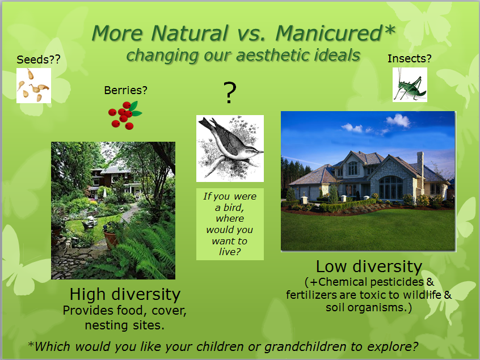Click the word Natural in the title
coord(190,33)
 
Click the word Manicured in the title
coord(329,33)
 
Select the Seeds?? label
coord(39,60)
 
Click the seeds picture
coord(33,86)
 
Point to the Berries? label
coord(125,90)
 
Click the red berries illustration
coord(125,115)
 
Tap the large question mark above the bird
coord(230,92)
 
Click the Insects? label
coord(409,58)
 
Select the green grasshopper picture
coord(410,84)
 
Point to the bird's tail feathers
coord(207,123)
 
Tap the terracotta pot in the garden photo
coord(111,239)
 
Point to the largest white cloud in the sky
coord(398,120)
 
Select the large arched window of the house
coord(391,188)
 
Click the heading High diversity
coord(125,294)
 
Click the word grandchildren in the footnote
coord(305,346)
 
